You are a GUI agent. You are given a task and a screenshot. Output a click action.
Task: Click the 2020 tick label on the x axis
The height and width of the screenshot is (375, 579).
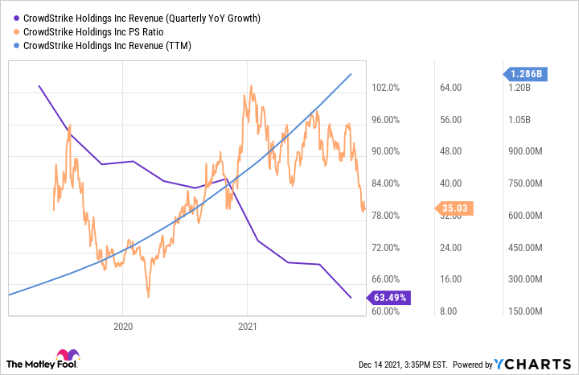(x=123, y=327)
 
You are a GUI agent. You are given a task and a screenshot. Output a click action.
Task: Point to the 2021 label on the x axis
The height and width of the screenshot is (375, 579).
(x=248, y=327)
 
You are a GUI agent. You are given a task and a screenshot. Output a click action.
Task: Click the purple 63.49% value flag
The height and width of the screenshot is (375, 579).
(x=392, y=298)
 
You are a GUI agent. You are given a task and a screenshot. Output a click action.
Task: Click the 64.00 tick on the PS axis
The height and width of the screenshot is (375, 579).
(x=452, y=88)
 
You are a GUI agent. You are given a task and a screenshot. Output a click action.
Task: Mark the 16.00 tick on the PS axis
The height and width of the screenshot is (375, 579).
(x=452, y=279)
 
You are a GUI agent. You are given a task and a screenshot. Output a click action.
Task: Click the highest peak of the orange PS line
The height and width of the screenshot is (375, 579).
(x=252, y=84)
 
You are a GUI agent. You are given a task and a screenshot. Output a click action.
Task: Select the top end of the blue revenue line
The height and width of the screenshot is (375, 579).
(x=351, y=74)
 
